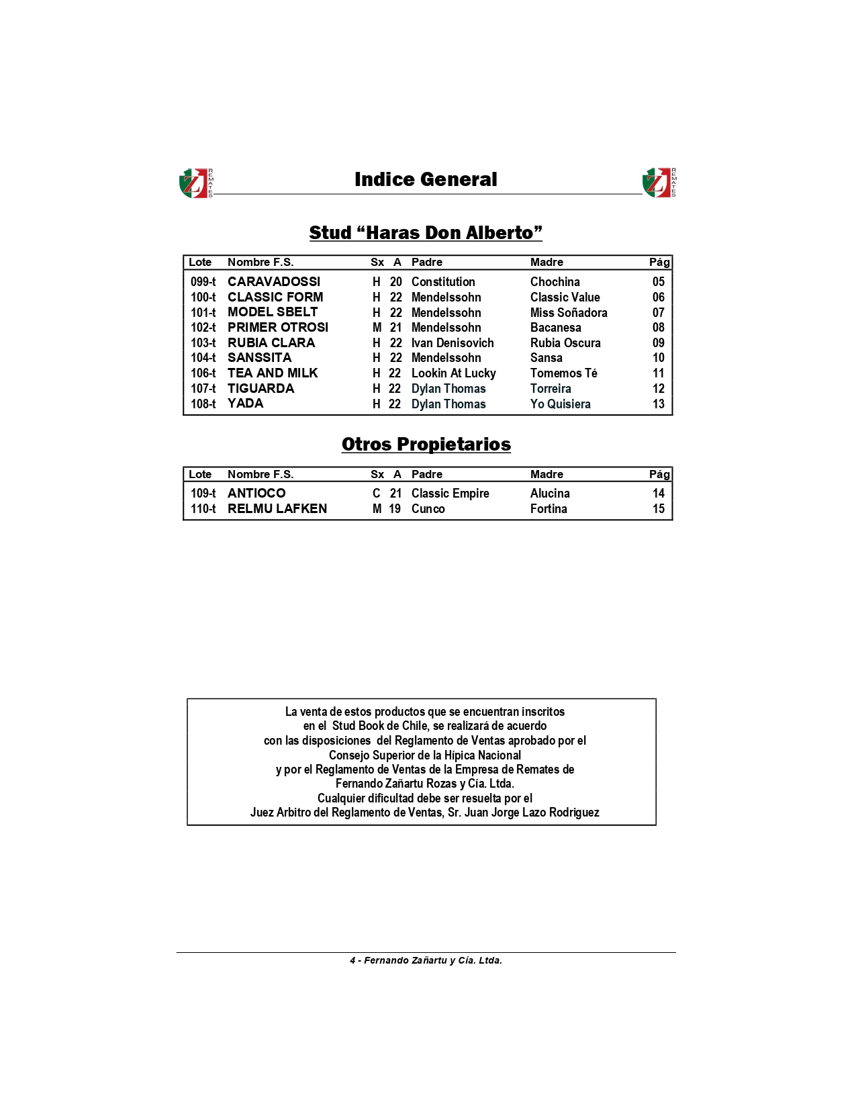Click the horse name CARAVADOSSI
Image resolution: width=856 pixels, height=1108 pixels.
click(274, 282)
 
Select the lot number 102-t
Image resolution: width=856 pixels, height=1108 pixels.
click(203, 328)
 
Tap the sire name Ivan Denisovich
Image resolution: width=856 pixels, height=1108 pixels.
click(453, 343)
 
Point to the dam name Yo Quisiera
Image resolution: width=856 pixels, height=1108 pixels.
click(561, 404)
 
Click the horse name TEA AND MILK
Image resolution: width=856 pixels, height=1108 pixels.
click(273, 373)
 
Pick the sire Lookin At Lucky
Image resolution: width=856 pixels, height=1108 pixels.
click(454, 373)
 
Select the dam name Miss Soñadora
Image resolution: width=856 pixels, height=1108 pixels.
click(569, 313)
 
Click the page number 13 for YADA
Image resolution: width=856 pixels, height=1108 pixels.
click(659, 404)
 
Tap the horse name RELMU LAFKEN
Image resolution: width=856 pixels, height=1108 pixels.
click(277, 509)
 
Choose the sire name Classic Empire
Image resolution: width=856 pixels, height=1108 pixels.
click(450, 494)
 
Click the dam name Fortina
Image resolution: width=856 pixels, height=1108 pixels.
click(549, 509)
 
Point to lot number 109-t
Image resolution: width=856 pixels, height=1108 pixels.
click(203, 494)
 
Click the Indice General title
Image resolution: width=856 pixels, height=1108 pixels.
click(426, 180)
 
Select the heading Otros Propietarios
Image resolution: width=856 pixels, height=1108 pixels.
click(426, 445)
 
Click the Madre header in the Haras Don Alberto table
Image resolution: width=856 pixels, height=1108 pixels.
click(546, 263)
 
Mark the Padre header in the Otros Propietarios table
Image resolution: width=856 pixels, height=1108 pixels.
click(427, 475)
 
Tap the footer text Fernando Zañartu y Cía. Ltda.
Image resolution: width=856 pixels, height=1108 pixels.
click(432, 961)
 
